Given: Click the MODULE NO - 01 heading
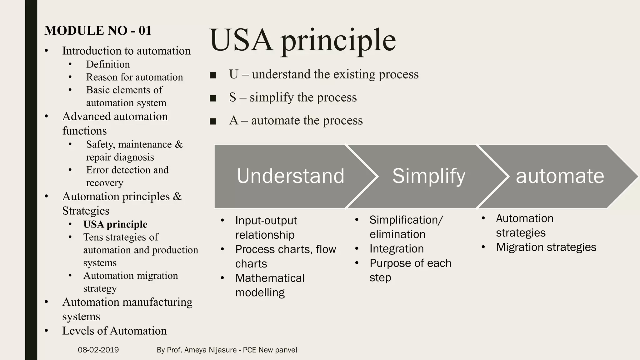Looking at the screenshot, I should pos(98,31).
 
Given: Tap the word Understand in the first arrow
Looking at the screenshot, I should pos(290,176).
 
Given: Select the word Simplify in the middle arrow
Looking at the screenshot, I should pos(428,176).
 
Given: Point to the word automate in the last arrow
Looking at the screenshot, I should pos(560,176).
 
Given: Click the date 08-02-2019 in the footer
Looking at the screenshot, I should pos(98,350).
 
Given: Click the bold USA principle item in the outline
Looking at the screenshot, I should pos(115,224).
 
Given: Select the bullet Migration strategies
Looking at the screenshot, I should pos(546,247).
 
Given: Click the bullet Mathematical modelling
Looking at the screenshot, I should pos(269,285).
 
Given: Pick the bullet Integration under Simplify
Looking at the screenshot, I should pos(396,249).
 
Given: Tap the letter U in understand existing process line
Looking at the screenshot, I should pos(233,74).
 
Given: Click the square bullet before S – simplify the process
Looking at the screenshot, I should pos(213,98).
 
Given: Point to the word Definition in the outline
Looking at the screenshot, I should pos(108,64).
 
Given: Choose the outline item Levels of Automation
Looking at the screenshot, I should pos(114,331).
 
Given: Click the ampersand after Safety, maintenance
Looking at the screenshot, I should pos(179,144).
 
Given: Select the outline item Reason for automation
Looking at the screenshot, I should pos(134,77).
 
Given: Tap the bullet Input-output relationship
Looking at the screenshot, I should pos(266,227).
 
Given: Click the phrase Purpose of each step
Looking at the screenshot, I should pos(410,270).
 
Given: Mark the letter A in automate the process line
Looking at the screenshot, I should pos(233,121).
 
